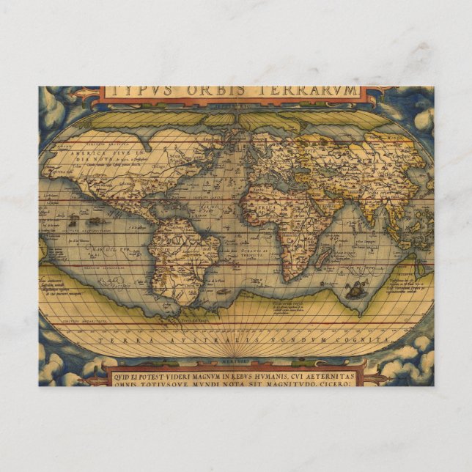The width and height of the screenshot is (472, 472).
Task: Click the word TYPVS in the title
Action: pos(136,91)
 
